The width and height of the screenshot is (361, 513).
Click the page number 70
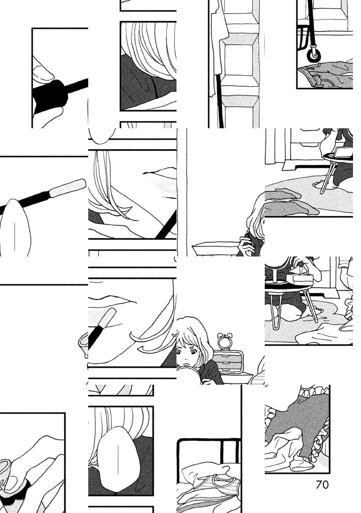point(322,484)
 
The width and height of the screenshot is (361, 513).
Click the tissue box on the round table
point(299,278)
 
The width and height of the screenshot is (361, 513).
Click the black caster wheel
point(313,55)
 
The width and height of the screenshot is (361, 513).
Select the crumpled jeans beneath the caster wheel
point(326,74)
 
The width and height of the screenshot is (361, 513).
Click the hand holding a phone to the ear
point(245,244)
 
